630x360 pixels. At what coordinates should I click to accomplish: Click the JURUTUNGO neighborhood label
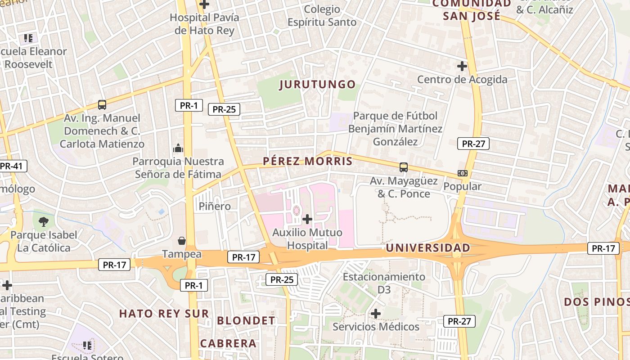click(x=318, y=85)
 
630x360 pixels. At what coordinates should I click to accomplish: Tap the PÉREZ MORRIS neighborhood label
click(x=308, y=161)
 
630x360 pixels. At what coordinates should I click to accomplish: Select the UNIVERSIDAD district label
click(x=428, y=248)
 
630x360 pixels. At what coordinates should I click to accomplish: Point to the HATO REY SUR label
click(x=164, y=314)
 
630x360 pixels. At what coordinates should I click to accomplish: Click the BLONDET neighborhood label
click(x=246, y=321)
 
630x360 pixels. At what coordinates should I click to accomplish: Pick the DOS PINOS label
click(x=596, y=302)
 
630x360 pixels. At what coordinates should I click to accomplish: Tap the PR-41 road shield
click(x=11, y=166)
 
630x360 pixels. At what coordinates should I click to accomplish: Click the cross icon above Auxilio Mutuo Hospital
click(x=307, y=219)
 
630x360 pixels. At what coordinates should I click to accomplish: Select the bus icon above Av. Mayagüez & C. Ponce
click(x=404, y=167)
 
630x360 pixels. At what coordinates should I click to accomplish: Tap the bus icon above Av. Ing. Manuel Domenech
click(x=102, y=105)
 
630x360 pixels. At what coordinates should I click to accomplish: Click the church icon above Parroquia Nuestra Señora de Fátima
click(x=178, y=148)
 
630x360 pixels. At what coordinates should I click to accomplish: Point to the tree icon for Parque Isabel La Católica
click(x=44, y=221)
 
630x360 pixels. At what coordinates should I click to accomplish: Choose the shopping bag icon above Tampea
click(x=182, y=241)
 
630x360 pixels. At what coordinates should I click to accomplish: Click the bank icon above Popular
click(x=462, y=173)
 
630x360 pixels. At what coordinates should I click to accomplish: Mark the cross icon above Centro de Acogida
click(x=462, y=66)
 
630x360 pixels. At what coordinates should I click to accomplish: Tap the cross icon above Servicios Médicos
click(x=376, y=313)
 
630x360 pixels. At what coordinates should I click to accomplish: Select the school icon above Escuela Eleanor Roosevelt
click(x=28, y=38)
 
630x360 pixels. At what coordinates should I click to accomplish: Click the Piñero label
click(x=215, y=207)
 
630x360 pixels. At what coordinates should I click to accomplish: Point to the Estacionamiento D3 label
click(x=384, y=283)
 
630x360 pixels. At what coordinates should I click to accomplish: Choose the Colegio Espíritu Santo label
click(x=322, y=16)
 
